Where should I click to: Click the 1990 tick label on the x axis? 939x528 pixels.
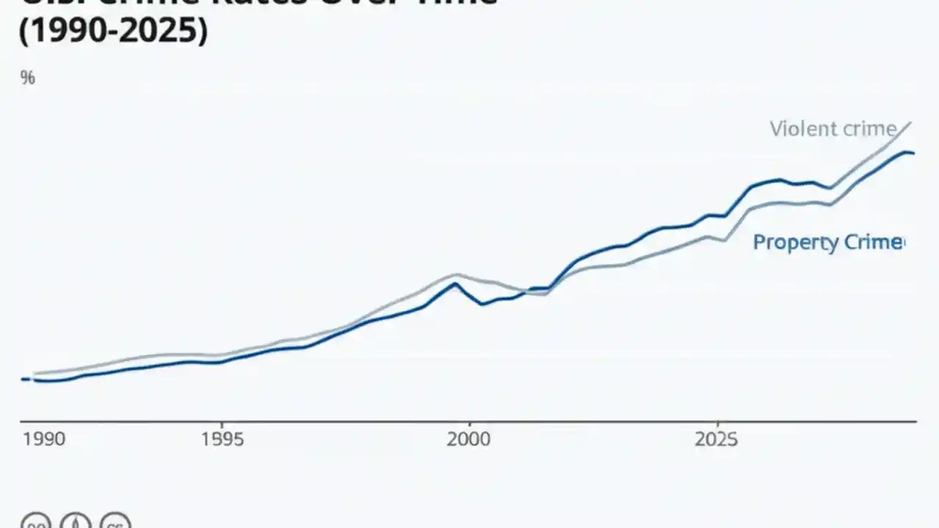pos(44,439)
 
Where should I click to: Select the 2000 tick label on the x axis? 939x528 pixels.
pos(468,439)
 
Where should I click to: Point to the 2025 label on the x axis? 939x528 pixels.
pos(717,439)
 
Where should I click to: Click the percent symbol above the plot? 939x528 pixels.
pos(28,78)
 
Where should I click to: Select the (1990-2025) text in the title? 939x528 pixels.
pos(113,32)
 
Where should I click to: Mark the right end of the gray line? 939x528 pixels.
pos(911,122)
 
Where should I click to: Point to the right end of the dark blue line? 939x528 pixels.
pos(913,153)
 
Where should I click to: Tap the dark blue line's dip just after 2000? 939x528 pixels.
pos(482,304)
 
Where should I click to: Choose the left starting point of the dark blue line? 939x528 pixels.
pos(22,379)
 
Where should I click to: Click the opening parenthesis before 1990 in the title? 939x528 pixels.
pos(23,32)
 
